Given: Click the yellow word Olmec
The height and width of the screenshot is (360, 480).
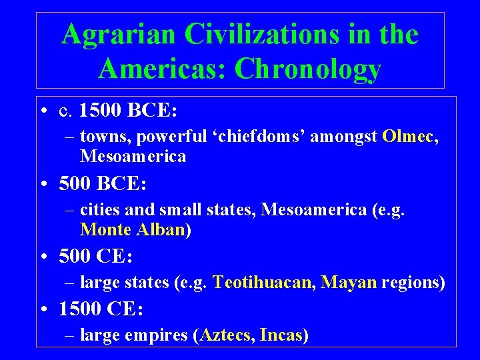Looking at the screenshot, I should click(x=408, y=137).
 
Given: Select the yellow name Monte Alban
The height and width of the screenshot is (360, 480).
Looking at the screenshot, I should click(x=133, y=230).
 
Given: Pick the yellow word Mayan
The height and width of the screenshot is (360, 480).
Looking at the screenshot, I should click(x=349, y=283).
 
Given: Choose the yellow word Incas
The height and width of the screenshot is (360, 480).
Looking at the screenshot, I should click(x=281, y=335).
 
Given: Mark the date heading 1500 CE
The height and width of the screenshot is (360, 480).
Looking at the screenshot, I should click(x=101, y=309).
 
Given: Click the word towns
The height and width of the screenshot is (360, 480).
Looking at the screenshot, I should click(x=100, y=137).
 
